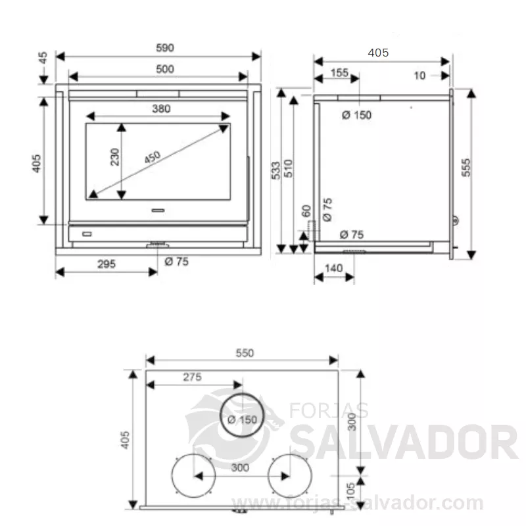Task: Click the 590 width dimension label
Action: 165,48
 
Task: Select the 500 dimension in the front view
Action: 165,70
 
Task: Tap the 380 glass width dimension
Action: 161,108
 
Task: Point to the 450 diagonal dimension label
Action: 153,157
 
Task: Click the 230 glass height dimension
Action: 114,157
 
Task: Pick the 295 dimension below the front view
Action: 107,264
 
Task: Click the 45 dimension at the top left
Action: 43,58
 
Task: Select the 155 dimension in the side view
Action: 339,73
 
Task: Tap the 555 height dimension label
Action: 466,168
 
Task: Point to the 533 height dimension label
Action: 275,170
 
